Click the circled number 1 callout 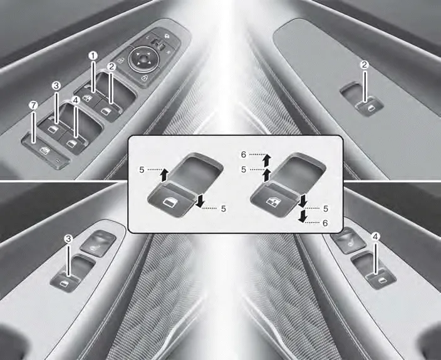93,56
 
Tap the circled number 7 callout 33,106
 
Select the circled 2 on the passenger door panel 365,65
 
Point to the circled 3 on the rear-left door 68,239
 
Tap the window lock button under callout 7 46,151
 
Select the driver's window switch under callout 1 88,98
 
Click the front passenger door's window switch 370,106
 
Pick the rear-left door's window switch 65,282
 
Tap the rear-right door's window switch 381,279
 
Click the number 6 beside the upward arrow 244,155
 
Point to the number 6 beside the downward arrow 325,223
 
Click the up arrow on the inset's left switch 164,175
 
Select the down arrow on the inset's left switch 200,202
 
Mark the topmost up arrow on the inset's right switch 267,160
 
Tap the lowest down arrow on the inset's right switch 303,216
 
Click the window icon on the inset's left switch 169,202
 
